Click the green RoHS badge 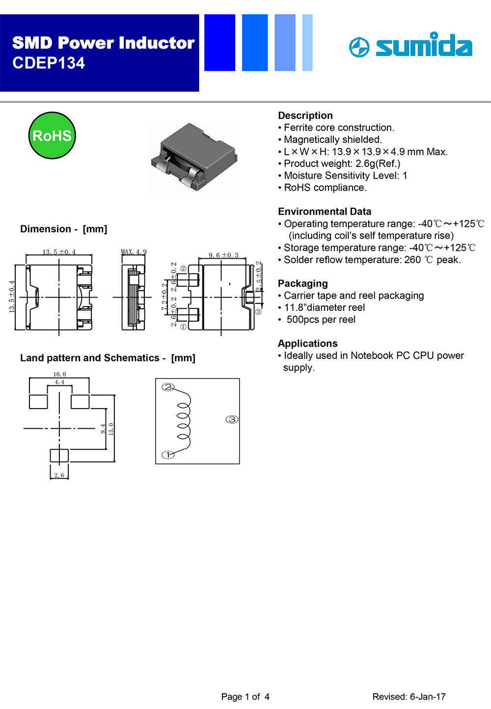(52, 136)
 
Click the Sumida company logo (410, 46)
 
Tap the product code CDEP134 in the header (49, 63)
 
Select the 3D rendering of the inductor (193, 157)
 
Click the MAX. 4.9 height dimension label (134, 252)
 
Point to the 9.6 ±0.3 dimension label (223, 255)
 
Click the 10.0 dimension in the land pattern (59, 374)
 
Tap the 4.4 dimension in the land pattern (59, 382)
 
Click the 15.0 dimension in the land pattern (111, 429)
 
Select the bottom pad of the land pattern (59, 456)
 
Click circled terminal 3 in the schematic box (232, 419)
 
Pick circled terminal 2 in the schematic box (168, 387)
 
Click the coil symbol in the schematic (183, 420)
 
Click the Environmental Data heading (325, 212)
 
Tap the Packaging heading (302, 283)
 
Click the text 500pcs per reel (321, 320)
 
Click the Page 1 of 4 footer (245, 697)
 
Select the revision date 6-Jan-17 (428, 697)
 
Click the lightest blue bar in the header (307, 43)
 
